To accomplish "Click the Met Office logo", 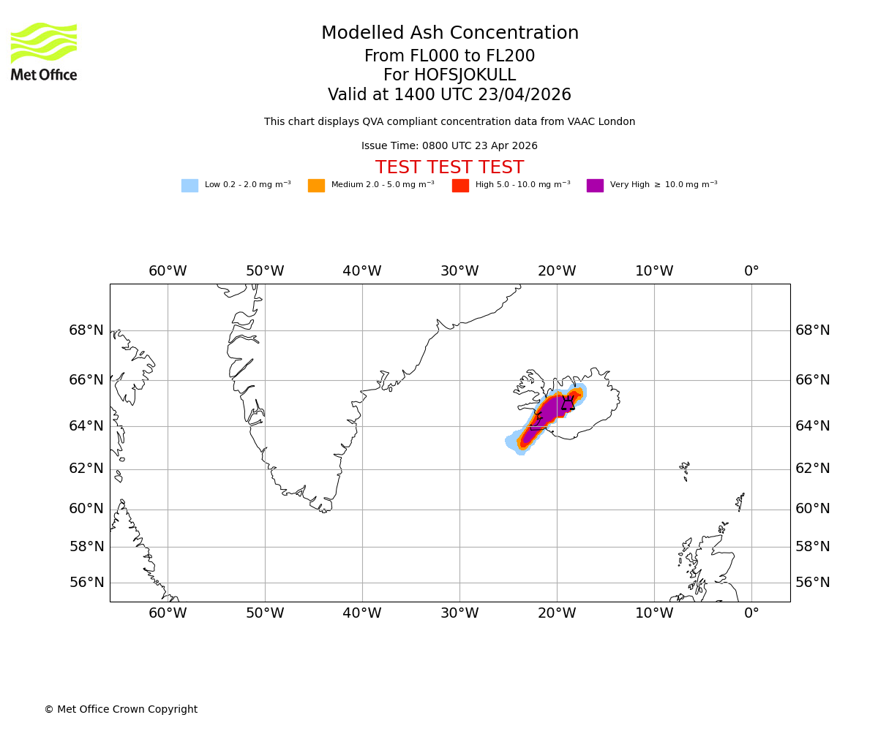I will (44, 51).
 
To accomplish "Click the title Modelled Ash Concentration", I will (449, 34).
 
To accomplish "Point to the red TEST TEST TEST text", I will (449, 167).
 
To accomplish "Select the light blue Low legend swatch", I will (190, 186).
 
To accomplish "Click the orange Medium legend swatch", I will (316, 186).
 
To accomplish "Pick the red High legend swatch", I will (460, 186).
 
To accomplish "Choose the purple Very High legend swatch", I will (595, 186).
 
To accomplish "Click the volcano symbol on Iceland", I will (568, 403).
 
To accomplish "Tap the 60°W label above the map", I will (168, 271).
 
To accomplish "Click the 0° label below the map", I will (751, 613).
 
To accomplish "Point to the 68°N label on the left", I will (86, 330).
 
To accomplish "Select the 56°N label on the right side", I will (813, 583).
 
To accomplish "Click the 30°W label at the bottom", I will (459, 613).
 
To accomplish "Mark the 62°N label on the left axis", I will (86, 469).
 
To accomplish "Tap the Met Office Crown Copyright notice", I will (121, 709).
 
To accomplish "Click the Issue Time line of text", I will (449, 146).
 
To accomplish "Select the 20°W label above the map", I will (557, 271).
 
